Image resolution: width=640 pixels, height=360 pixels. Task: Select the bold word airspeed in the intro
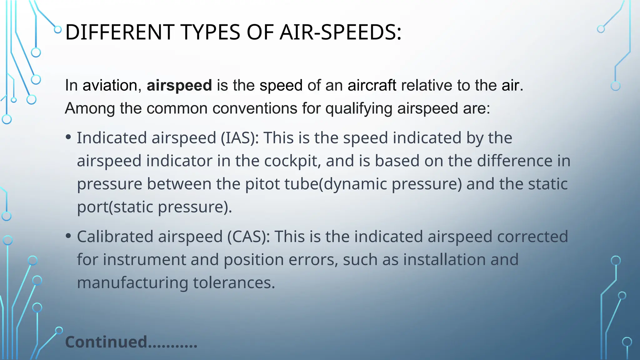click(x=179, y=85)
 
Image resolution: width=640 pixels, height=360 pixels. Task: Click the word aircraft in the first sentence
click(x=372, y=85)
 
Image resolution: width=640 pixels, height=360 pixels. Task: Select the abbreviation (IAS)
click(x=240, y=138)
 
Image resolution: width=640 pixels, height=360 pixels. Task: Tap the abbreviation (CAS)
click(x=248, y=237)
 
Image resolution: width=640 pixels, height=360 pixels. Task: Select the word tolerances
click(x=234, y=282)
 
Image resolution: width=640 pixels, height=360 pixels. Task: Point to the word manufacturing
click(x=132, y=282)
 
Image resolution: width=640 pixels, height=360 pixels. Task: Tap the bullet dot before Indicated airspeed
click(x=69, y=137)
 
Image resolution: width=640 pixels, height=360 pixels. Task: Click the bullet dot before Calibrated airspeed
click(x=69, y=236)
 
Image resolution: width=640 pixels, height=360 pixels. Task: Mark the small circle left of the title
click(x=58, y=30)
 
